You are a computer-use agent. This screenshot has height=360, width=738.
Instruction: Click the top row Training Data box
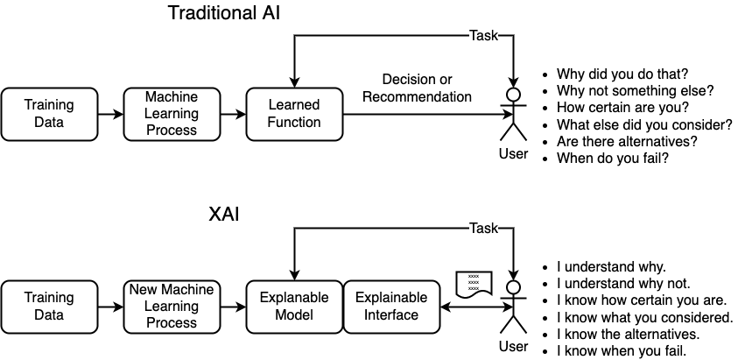coord(49,114)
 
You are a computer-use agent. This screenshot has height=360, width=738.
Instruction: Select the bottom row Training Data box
coord(49,307)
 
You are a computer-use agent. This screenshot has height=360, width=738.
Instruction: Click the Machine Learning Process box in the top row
coord(172,114)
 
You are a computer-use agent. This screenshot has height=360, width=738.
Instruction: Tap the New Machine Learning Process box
coord(172,307)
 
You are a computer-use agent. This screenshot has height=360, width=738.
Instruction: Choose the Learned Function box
coord(294,114)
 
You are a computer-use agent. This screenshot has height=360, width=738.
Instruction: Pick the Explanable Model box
coord(294,307)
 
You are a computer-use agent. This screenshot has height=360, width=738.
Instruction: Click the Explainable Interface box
coord(391,307)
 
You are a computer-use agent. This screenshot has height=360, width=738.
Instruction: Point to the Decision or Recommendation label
coord(417,88)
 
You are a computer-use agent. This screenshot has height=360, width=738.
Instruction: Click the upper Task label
coord(483,36)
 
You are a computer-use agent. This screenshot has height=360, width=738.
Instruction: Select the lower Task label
coord(483,229)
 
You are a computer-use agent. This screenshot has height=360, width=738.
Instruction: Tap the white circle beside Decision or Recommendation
coord(514,95)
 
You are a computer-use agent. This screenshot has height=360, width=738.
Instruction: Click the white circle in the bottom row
coord(514,287)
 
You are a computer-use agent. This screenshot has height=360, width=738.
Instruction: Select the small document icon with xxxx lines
coord(474,283)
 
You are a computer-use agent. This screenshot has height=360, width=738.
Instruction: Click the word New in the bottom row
coord(144,290)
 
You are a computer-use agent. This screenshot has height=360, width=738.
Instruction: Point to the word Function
coord(294,123)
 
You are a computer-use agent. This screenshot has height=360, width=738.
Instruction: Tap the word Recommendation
coord(417,97)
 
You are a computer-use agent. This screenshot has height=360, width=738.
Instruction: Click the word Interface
coord(391,315)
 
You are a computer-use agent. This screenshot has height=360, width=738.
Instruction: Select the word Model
coord(294,315)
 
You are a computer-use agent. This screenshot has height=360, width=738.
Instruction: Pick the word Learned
coord(294,105)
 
